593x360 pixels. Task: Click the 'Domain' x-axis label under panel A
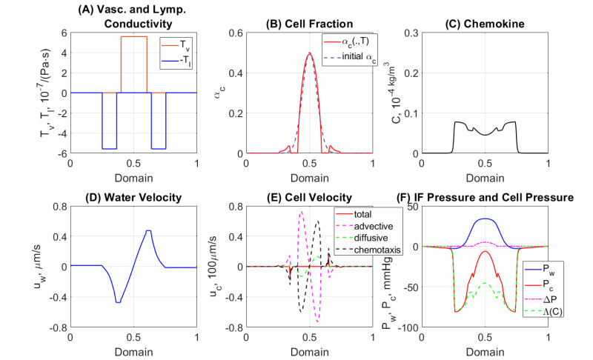[133, 179]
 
